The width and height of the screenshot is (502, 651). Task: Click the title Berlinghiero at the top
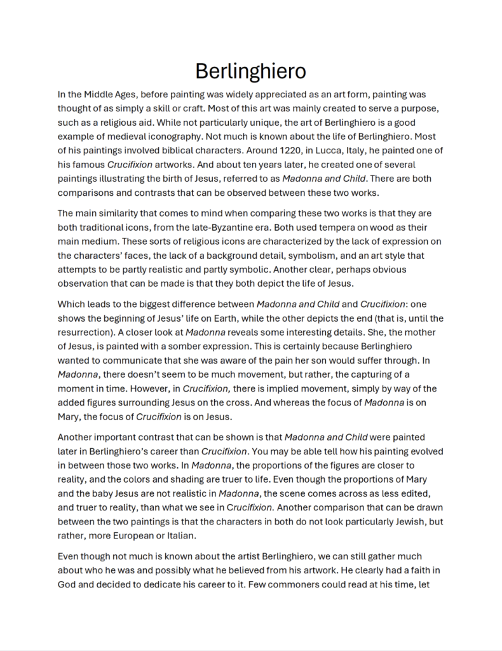(251, 71)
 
